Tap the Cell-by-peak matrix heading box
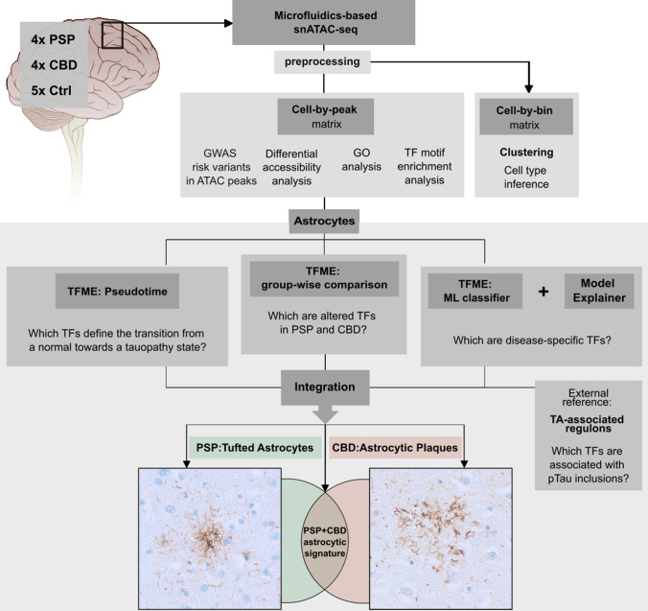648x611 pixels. click(x=324, y=117)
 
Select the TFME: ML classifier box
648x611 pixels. click(x=474, y=288)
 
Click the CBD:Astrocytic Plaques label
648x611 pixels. click(x=407, y=446)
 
